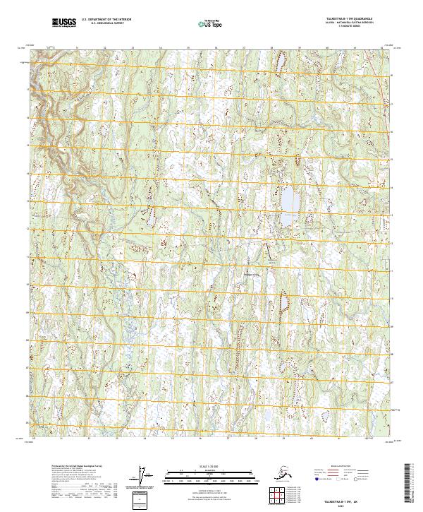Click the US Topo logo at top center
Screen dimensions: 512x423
[x=207, y=23]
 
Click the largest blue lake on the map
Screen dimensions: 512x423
[x=288, y=200]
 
